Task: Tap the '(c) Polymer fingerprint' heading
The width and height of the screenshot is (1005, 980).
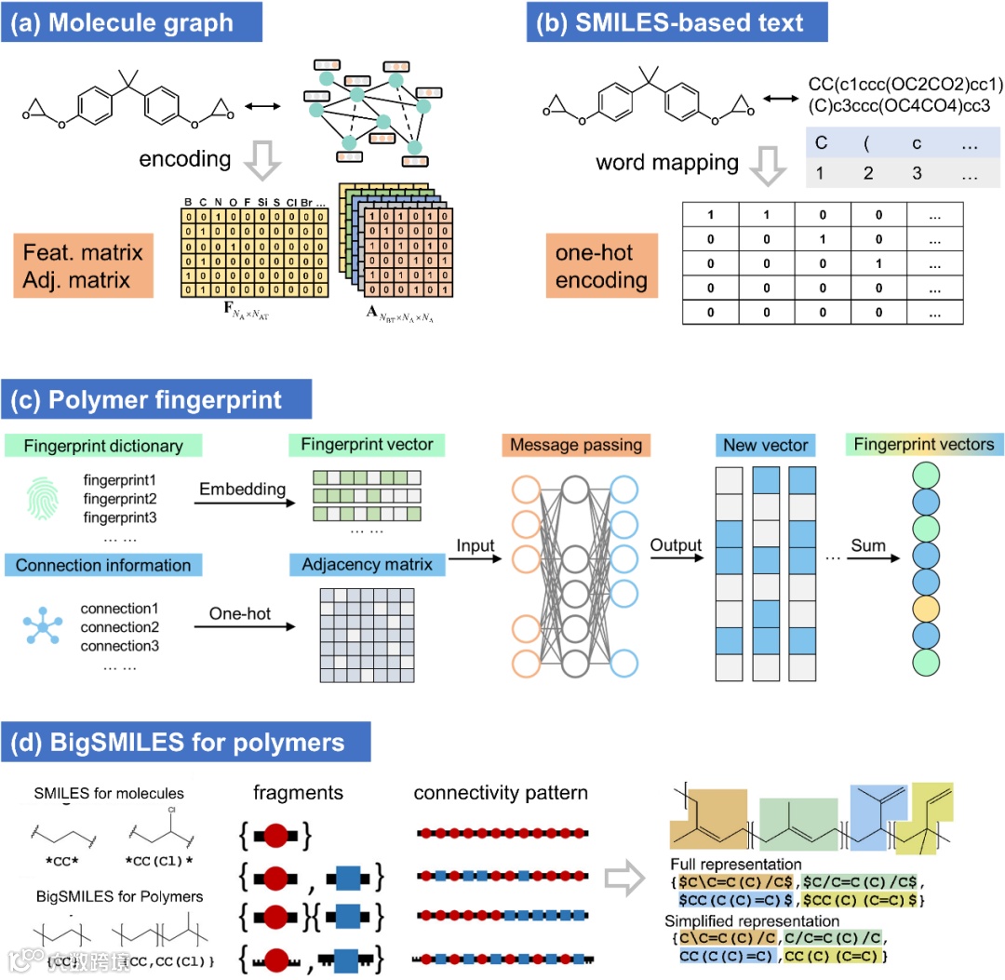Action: coord(157,401)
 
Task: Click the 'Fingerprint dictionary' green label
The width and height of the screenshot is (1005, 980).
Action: coord(103,446)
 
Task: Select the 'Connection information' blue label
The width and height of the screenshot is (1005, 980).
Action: coord(103,565)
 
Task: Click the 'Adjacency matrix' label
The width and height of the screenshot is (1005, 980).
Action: coord(368,565)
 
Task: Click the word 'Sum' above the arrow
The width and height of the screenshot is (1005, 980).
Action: coord(867,545)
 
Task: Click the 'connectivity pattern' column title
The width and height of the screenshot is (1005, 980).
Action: coord(501,793)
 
